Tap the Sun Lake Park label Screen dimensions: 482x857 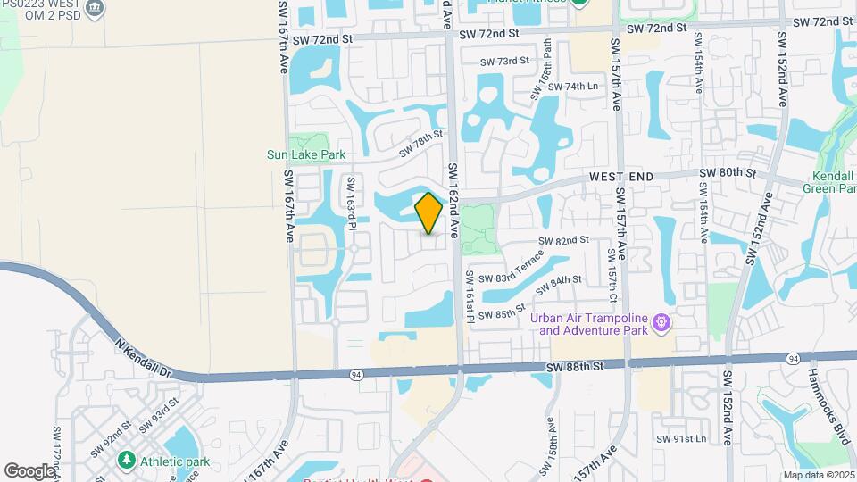306,154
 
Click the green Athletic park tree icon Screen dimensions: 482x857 126,461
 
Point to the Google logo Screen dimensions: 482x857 29,470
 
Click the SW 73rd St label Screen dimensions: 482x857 505,62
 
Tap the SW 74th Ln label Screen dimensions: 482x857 572,87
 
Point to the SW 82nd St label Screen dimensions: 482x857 563,240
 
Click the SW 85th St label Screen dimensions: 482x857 502,314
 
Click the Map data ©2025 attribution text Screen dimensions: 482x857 818,475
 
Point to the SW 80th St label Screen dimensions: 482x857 728,172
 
